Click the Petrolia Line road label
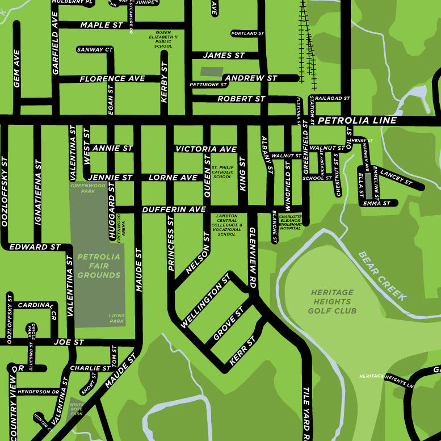pyautogui.click(x=357, y=121)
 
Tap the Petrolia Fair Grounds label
pyautogui.click(x=99, y=266)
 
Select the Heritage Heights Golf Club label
pyautogui.click(x=332, y=301)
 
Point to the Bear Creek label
pyautogui.click(x=383, y=275)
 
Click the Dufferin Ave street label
pyautogui.click(x=174, y=209)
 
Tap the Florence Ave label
pyautogui.click(x=112, y=79)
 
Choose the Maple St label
pyautogui.click(x=102, y=25)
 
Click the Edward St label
pyautogui.click(x=35, y=247)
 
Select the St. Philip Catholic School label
pyautogui.click(x=222, y=172)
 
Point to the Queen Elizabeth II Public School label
pyautogui.click(x=163, y=39)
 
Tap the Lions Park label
pyautogui.click(x=116, y=318)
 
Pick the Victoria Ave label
pyautogui.click(x=205, y=149)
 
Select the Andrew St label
pyautogui.click(x=250, y=78)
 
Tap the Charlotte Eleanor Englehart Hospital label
pyautogui.click(x=289, y=222)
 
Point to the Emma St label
pyautogui.click(x=376, y=203)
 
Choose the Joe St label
pyautogui.click(x=69, y=342)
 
